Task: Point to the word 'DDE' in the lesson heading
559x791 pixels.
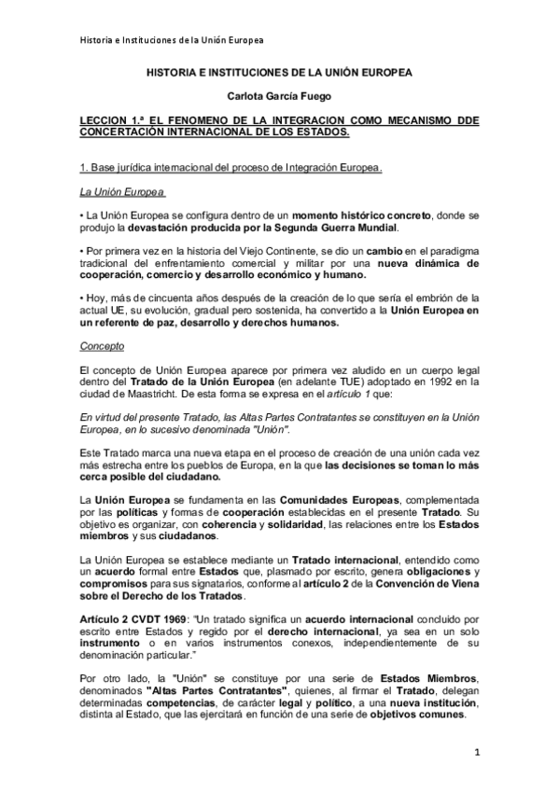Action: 465,120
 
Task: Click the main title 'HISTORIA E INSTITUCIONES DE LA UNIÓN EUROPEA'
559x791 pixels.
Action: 279,71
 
